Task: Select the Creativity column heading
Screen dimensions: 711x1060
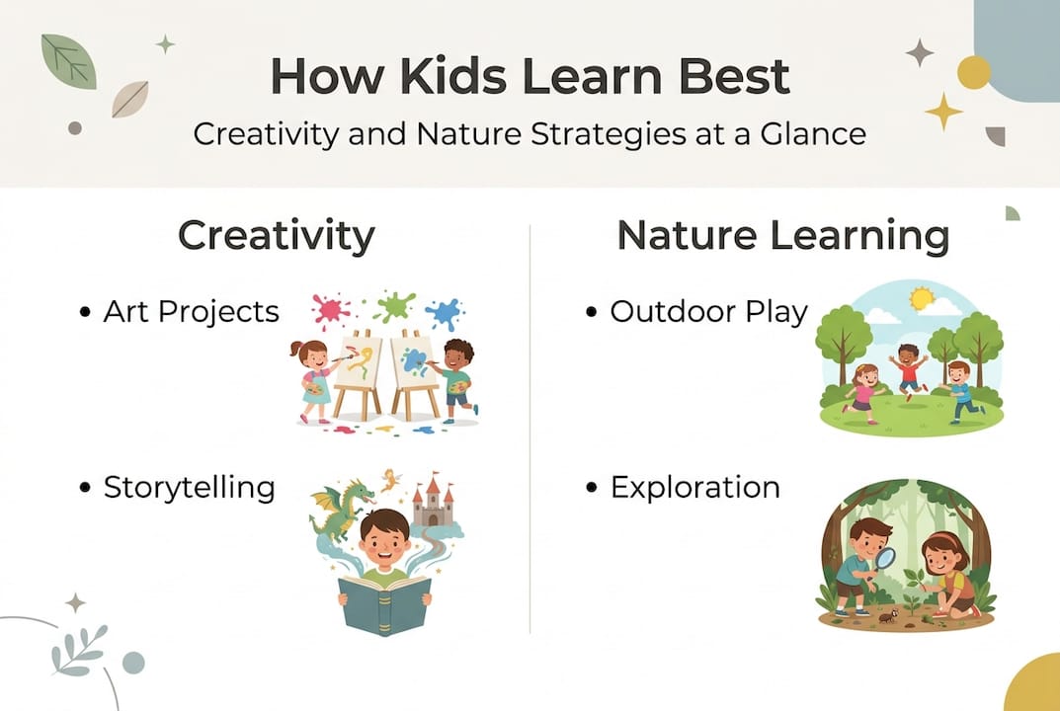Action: (276, 236)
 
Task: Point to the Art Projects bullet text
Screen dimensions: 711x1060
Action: (192, 312)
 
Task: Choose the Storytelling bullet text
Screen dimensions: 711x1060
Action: (190, 487)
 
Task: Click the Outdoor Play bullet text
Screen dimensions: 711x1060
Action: (708, 312)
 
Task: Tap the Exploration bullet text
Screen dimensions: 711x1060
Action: (695, 487)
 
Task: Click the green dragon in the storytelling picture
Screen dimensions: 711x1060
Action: (341, 508)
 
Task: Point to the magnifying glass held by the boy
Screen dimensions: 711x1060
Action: (885, 559)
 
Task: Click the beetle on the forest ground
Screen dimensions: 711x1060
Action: (887, 616)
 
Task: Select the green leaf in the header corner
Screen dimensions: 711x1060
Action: (68, 60)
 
